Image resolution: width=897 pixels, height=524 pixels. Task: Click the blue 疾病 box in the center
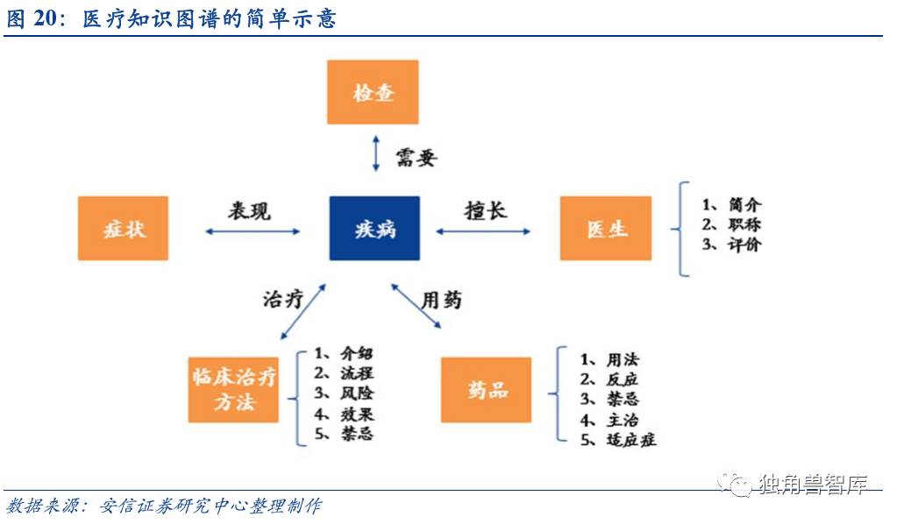[x=374, y=228]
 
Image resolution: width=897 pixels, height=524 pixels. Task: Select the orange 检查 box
[x=374, y=92]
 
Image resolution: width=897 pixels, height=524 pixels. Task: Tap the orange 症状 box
[x=123, y=229]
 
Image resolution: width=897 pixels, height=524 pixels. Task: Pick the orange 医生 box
[x=606, y=229]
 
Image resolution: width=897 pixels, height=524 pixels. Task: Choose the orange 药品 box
[x=487, y=391]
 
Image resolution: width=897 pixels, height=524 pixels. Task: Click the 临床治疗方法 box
[x=233, y=390]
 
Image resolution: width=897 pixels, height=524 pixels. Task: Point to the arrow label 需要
[x=415, y=157]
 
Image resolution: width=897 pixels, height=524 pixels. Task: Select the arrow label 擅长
[x=486, y=211]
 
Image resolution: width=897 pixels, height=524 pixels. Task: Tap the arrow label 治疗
[x=282, y=298]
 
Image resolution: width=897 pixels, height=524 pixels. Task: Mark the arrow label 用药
[x=441, y=300]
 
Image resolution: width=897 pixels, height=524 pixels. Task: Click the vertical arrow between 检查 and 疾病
[x=375, y=154]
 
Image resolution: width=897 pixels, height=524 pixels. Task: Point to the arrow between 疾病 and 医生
[x=483, y=231]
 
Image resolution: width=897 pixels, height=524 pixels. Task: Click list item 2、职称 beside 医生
[x=731, y=224]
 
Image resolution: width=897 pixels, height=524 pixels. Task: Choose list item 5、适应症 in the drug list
[x=618, y=440]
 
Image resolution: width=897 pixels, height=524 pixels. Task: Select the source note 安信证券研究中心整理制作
[x=210, y=506]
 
